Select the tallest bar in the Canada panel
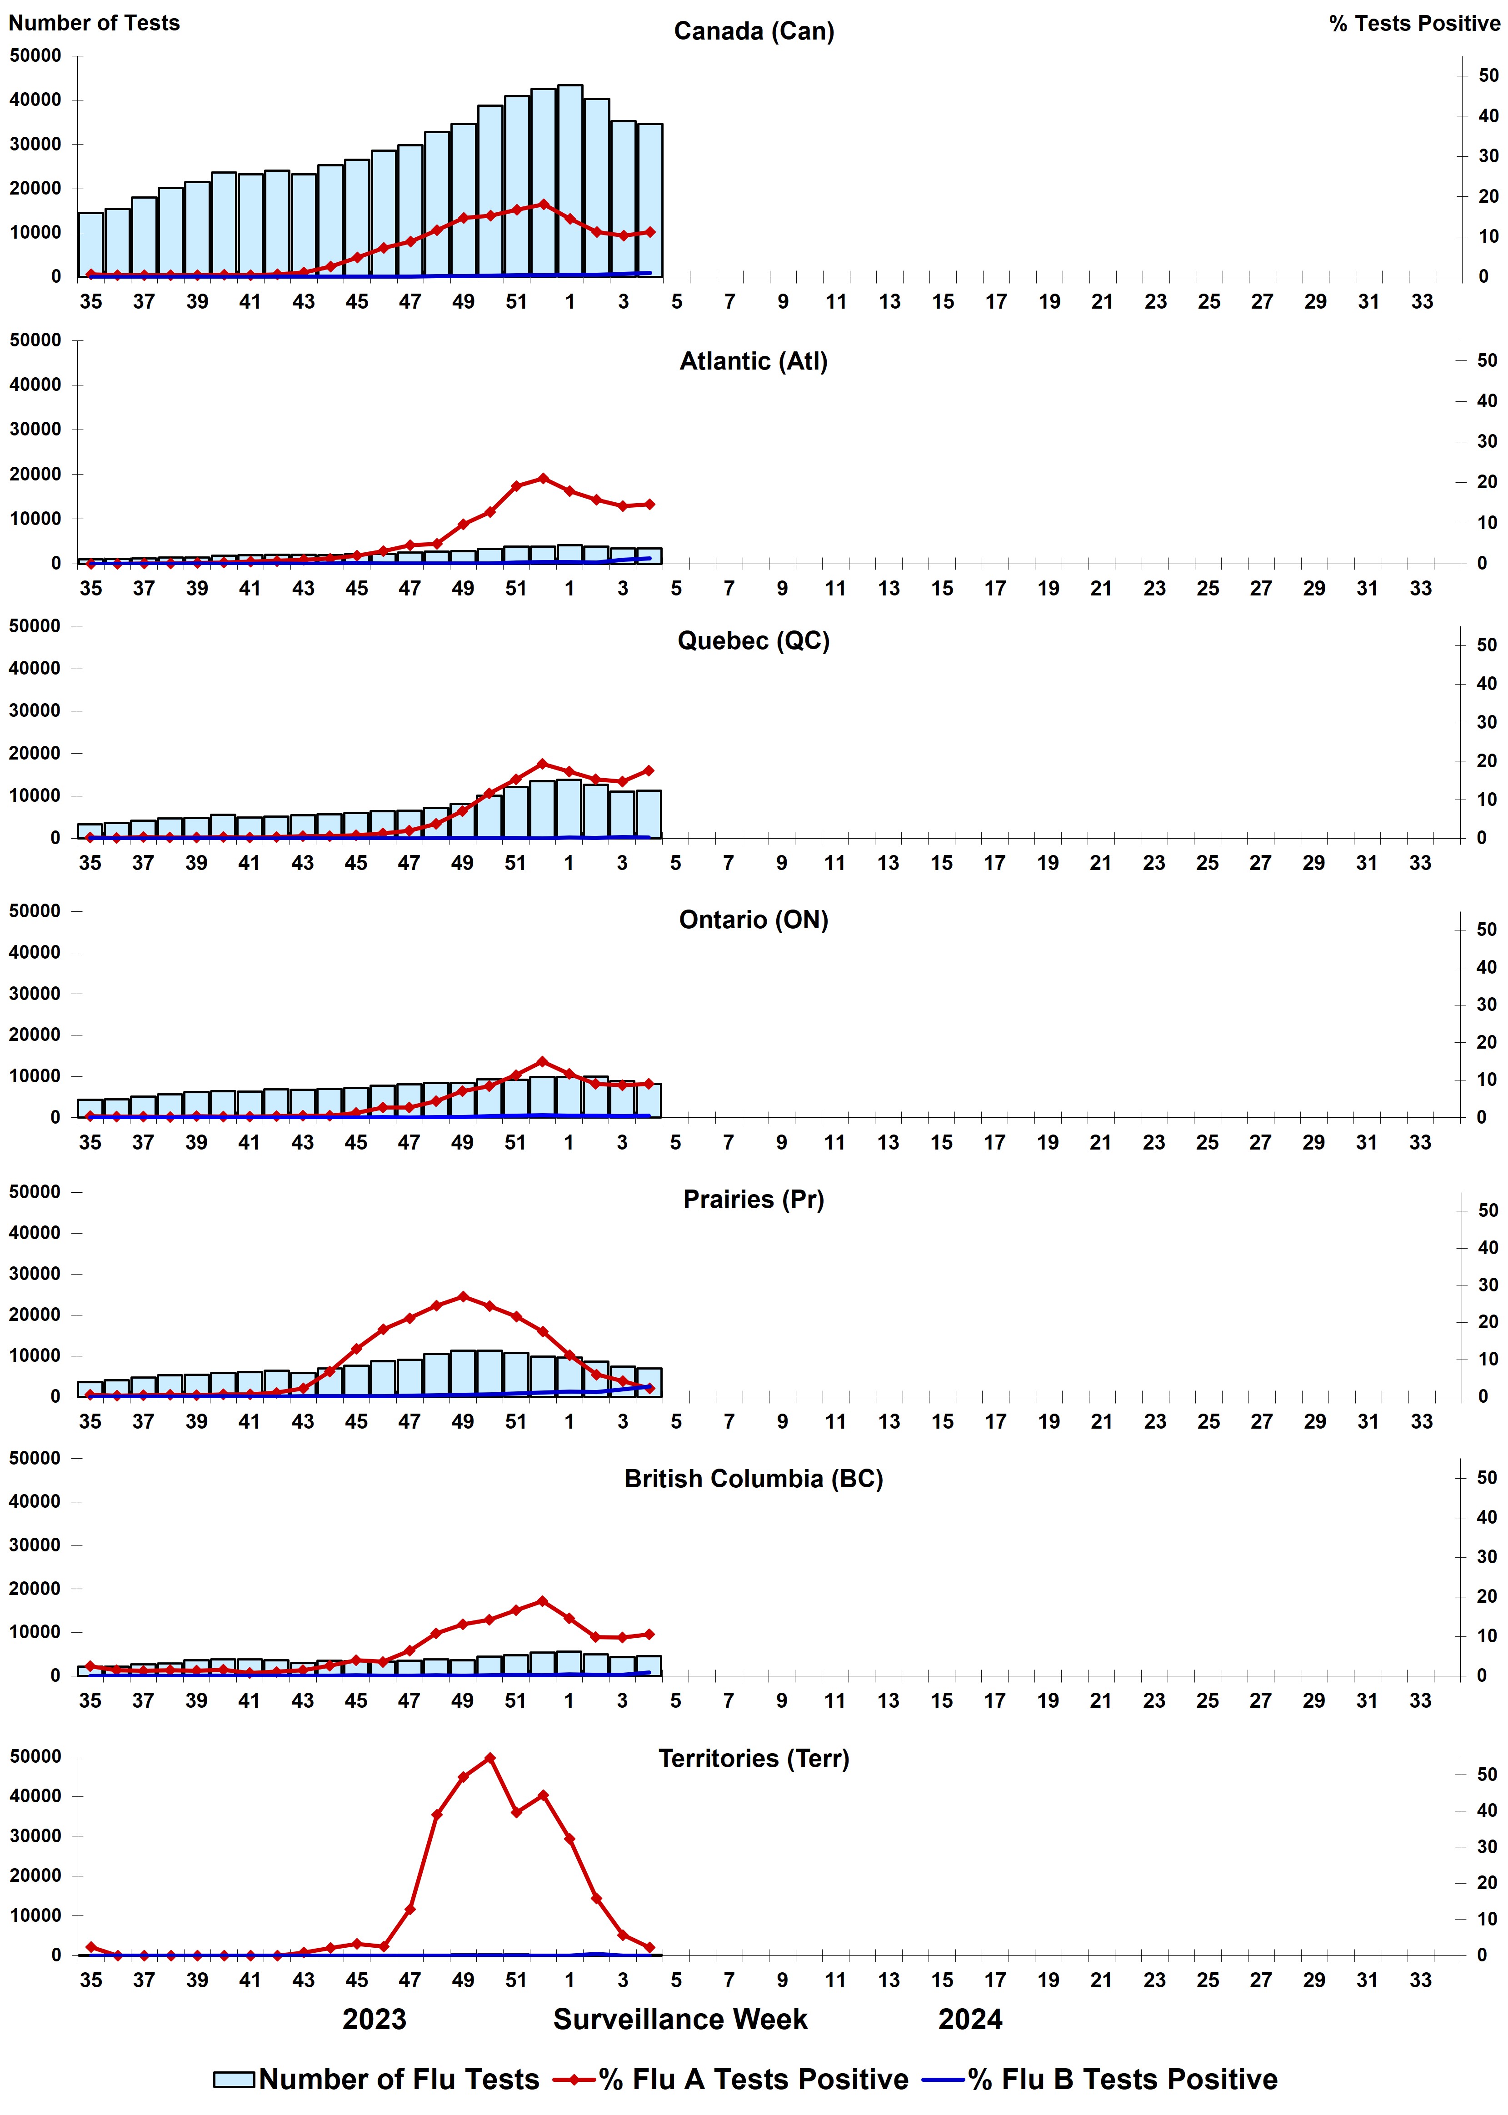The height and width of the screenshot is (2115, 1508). (569, 181)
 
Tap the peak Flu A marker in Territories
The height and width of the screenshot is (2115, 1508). (489, 1758)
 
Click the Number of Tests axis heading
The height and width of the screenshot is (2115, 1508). (94, 23)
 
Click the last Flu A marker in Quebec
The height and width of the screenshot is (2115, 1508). (649, 770)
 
